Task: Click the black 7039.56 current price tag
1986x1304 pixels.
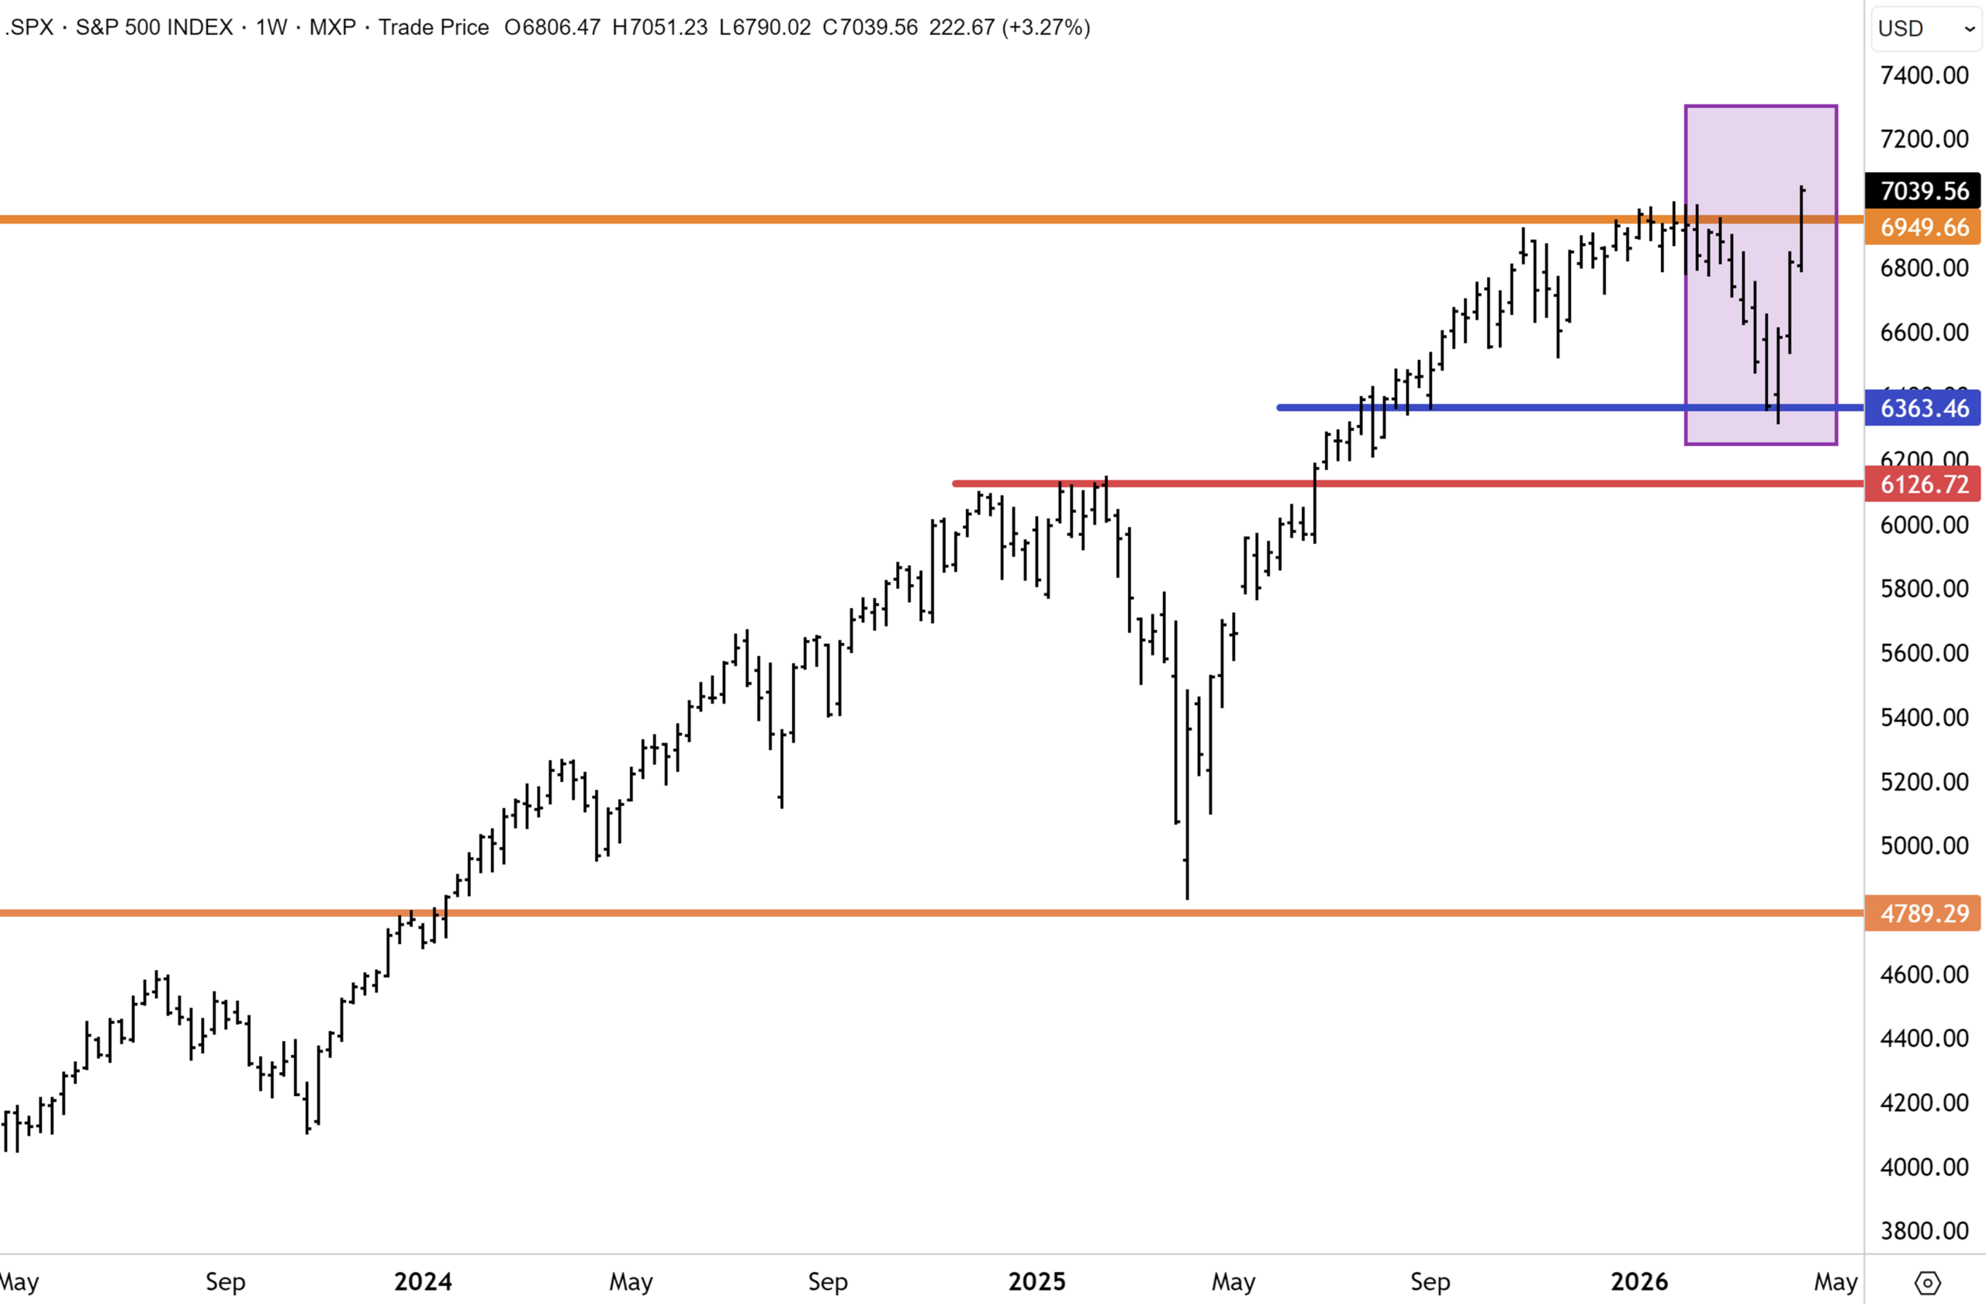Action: click(1923, 191)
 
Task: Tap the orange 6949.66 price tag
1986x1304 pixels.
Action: click(1923, 227)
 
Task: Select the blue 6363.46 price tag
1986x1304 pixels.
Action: click(1923, 408)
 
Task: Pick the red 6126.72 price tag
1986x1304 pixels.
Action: click(1923, 484)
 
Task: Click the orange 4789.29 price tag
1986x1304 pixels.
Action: click(1923, 914)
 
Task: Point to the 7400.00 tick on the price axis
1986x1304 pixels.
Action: click(1923, 75)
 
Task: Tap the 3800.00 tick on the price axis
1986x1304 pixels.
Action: click(1923, 1230)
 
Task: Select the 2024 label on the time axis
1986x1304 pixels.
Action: click(423, 1282)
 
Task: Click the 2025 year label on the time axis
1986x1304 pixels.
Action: click(1036, 1282)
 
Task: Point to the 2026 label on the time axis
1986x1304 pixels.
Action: click(1639, 1282)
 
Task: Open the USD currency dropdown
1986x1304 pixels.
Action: click(1926, 29)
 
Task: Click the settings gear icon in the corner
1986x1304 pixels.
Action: click(1927, 1282)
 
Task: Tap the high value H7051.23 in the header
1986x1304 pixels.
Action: click(659, 27)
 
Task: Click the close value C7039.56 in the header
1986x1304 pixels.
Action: click(870, 27)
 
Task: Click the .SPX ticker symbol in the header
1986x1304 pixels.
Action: click(30, 27)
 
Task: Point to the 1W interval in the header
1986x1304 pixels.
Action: click(272, 27)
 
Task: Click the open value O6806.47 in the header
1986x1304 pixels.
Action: click(552, 27)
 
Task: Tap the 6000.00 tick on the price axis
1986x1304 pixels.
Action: click(1923, 524)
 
